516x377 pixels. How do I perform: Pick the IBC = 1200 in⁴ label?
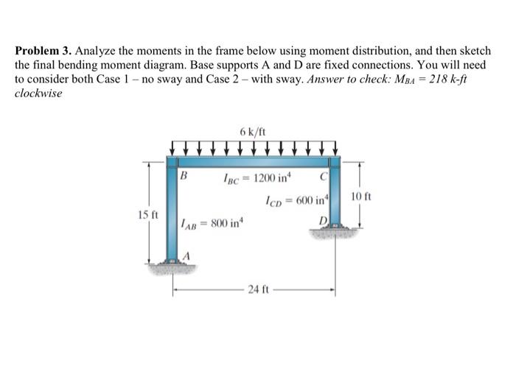pos(251,178)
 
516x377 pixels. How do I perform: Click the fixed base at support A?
pos(174,266)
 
